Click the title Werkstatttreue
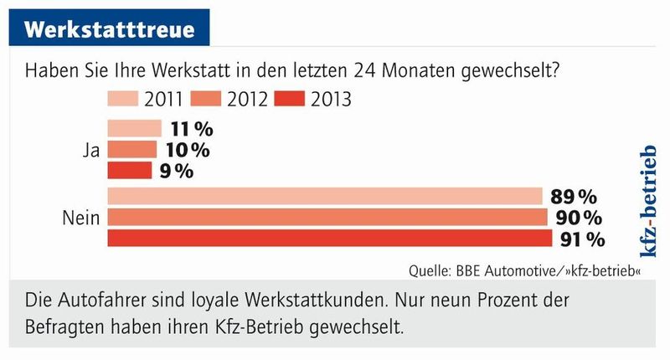click(x=109, y=27)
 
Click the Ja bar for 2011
click(x=134, y=129)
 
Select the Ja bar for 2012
click(x=131, y=150)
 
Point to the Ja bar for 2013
click(x=129, y=171)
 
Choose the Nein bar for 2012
click(x=327, y=218)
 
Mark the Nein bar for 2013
click(x=330, y=239)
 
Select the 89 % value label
click(x=574, y=197)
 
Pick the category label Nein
click(x=81, y=219)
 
